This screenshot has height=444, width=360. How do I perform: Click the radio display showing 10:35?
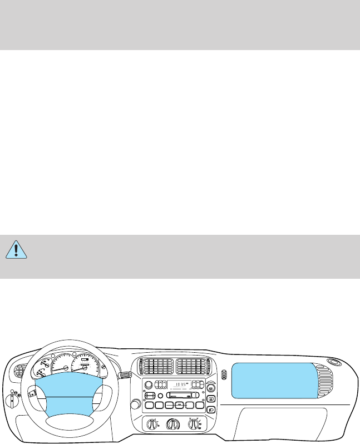(x=179, y=384)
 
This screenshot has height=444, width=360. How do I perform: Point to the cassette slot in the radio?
(x=179, y=395)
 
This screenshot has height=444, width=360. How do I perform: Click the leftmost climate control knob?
(x=150, y=425)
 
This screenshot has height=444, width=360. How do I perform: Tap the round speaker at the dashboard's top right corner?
(x=334, y=361)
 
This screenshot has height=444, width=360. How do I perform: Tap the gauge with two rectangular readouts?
(x=84, y=364)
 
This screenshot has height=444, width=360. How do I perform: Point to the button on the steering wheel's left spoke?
(x=33, y=393)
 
